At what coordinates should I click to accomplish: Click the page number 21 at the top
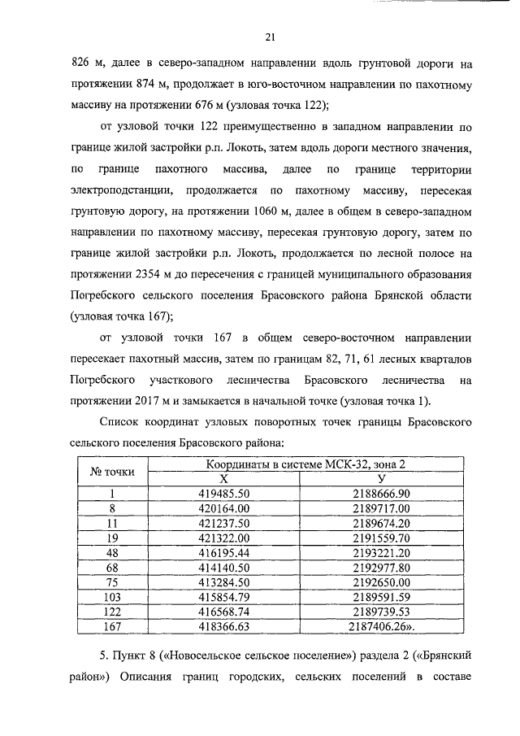[x=271, y=36]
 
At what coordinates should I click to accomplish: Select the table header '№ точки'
[x=112, y=472]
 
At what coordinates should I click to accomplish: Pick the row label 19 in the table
[x=113, y=538]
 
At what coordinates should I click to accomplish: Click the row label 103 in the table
[x=113, y=596]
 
